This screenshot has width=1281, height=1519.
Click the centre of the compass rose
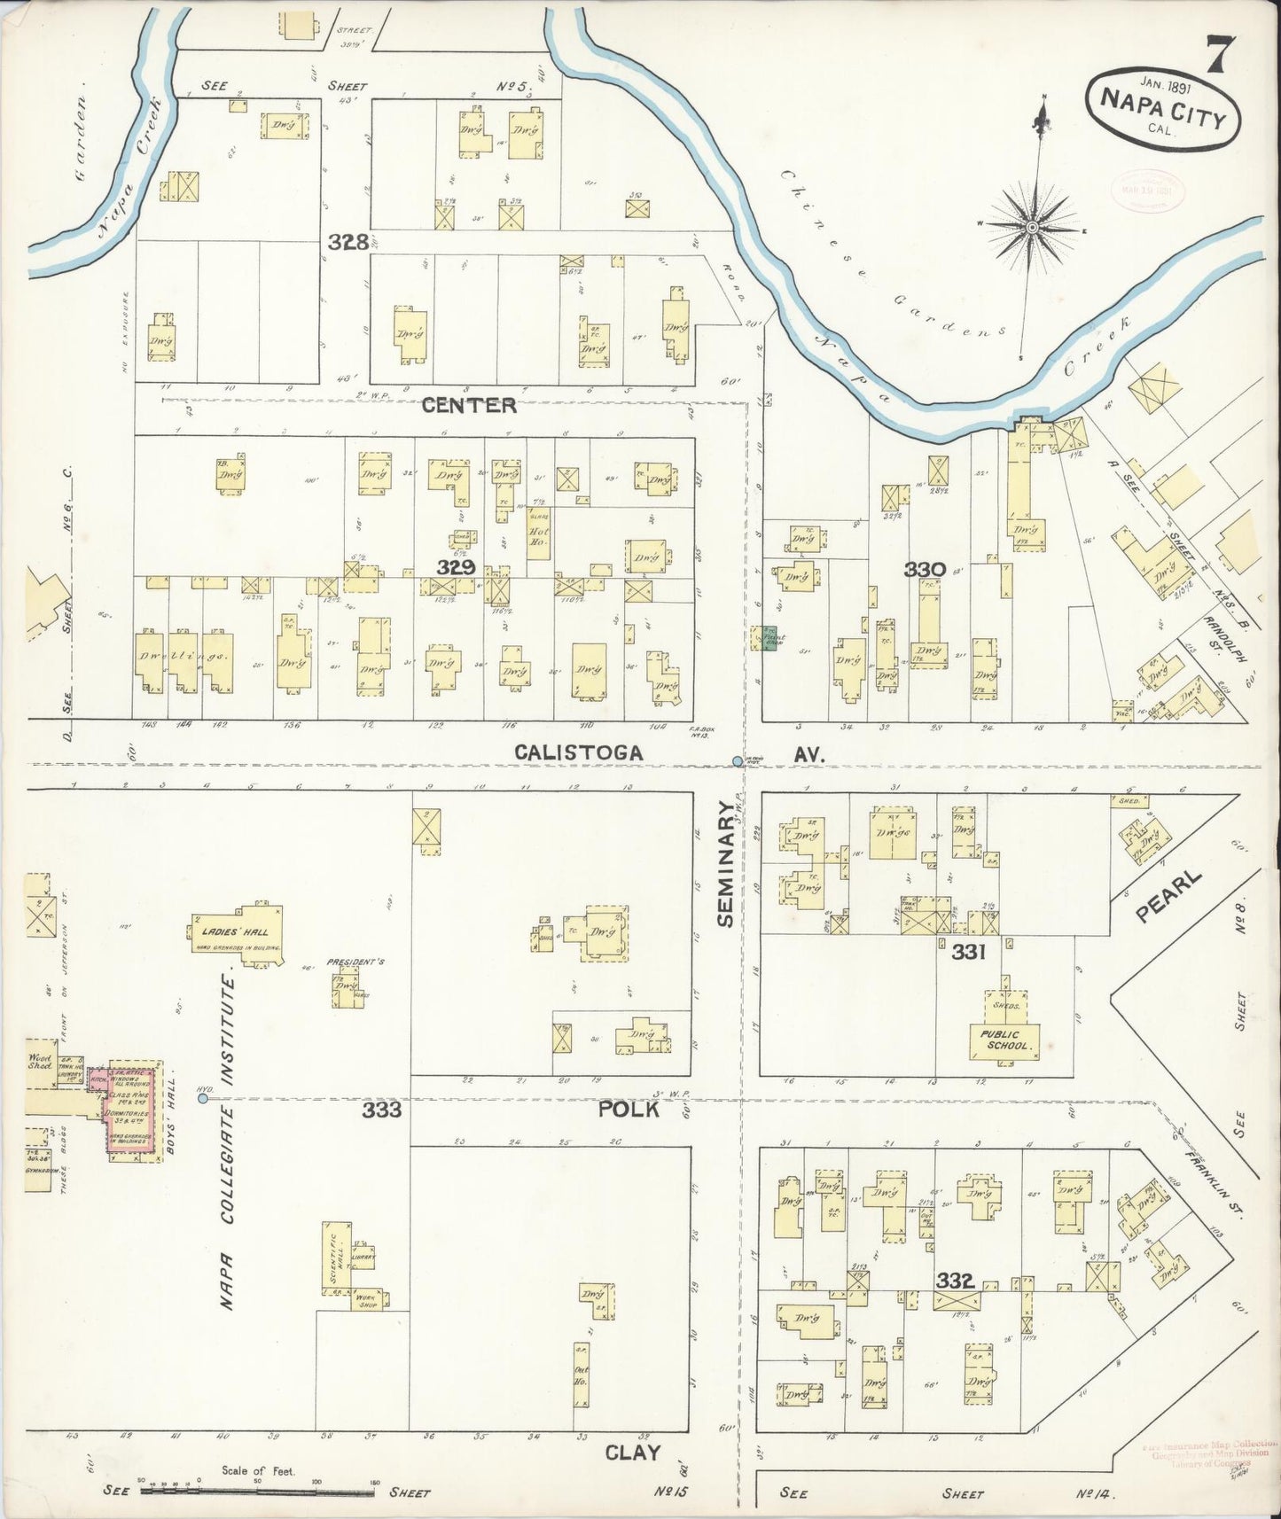pos(1032,228)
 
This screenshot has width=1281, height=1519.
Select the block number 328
pos(348,241)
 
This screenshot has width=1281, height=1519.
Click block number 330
pos(926,569)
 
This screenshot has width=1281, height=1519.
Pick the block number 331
pos(968,951)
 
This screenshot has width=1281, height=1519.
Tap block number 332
pos(956,1280)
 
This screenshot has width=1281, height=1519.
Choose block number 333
pos(381,1110)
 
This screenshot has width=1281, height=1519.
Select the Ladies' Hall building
pos(238,932)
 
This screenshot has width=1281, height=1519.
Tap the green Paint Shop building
pos(768,638)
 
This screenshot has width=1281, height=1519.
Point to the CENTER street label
pos(468,405)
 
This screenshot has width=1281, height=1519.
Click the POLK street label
pos(628,1109)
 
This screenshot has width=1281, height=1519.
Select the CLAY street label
pos(632,1453)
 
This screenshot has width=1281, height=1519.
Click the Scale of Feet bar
pos(257,1491)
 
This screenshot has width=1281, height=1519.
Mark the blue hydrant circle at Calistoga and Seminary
pos(738,761)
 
